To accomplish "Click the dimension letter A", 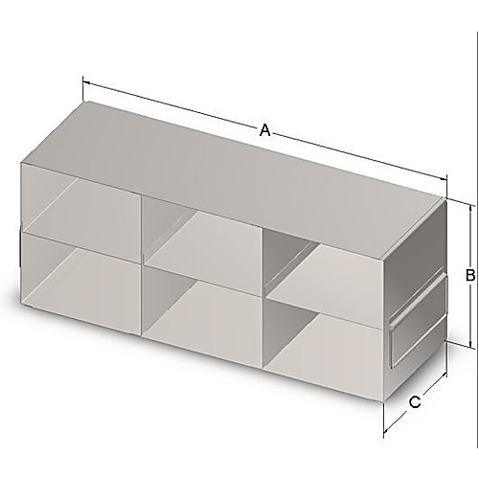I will (x=265, y=131).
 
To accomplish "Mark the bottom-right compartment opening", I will (x=321, y=340).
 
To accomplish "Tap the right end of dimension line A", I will (x=447, y=178).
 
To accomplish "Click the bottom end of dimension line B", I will (x=469, y=347).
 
